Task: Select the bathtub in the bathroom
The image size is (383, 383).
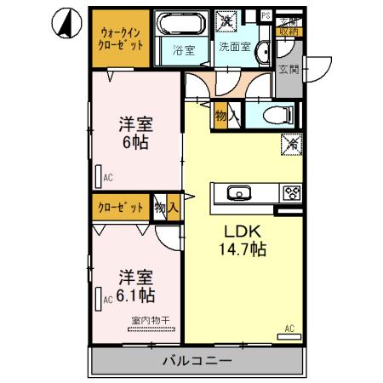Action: click(182, 24)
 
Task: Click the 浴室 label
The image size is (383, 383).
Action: click(184, 49)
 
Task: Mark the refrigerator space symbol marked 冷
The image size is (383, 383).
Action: click(288, 144)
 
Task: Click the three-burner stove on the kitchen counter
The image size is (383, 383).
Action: click(291, 192)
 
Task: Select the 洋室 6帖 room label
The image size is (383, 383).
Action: click(134, 132)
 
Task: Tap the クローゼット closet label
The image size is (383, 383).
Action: click(121, 207)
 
